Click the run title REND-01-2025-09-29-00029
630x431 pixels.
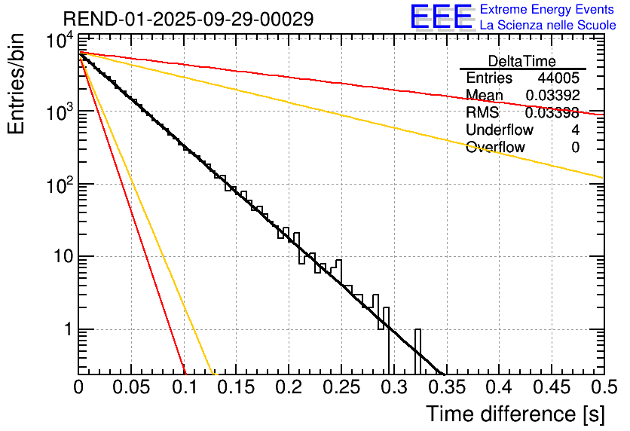188,19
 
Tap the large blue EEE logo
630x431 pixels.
441,17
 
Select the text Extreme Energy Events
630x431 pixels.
548,10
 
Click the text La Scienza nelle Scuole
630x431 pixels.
548,26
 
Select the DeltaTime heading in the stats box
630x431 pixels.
521,60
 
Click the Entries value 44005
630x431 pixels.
558,78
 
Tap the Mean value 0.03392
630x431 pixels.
552,96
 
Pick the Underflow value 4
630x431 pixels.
575,130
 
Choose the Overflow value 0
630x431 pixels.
575,148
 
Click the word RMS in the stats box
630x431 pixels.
482,113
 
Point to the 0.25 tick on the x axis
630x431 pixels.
341,387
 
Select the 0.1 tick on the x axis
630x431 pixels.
183,387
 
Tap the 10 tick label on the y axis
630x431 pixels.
60,257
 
